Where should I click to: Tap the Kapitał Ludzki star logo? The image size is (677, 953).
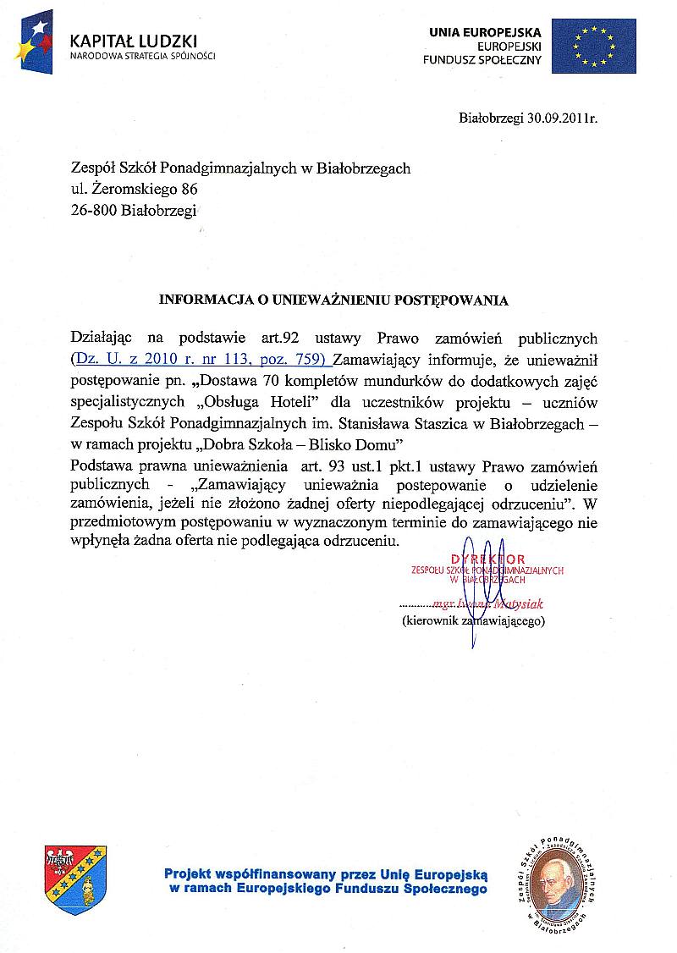(x=33, y=41)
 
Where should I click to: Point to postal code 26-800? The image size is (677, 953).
(x=94, y=211)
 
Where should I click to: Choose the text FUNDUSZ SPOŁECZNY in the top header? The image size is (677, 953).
(x=481, y=59)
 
